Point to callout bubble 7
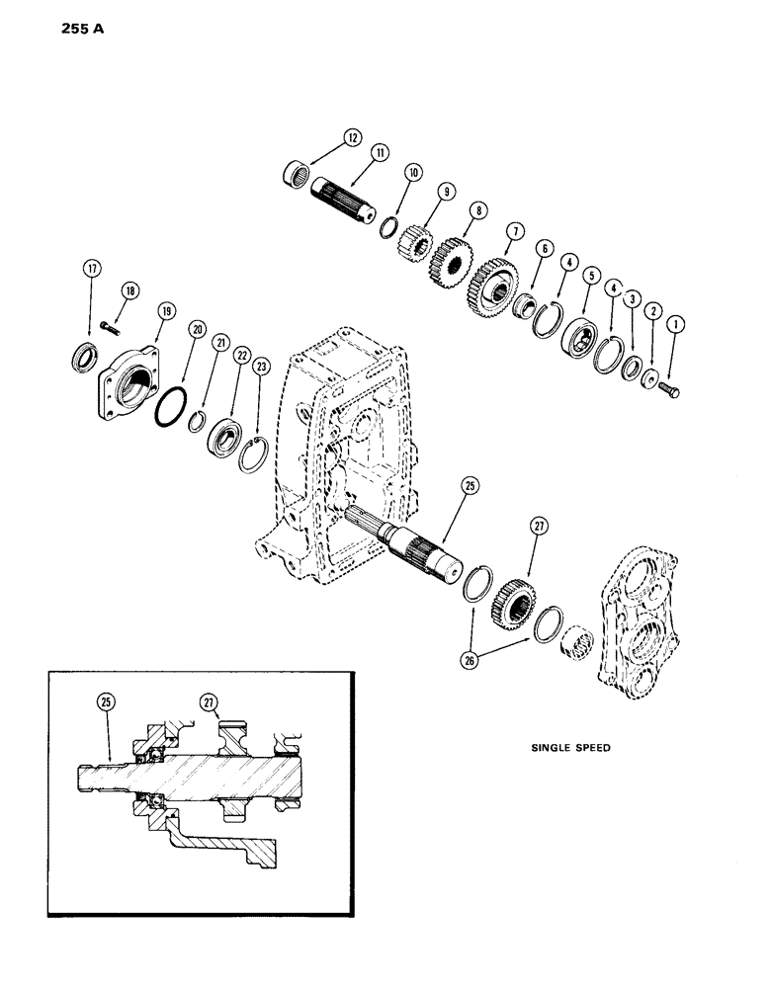(x=514, y=230)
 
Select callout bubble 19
(x=166, y=310)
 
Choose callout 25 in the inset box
(x=105, y=701)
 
